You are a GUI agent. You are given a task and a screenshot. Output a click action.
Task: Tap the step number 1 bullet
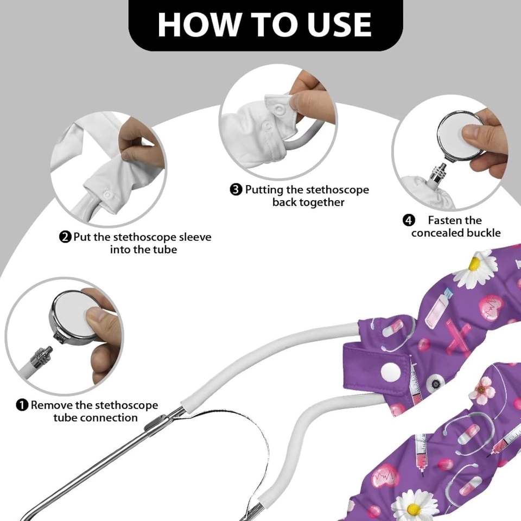22,405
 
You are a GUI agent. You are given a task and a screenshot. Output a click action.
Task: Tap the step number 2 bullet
65,237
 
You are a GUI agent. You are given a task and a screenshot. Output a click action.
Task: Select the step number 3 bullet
236,190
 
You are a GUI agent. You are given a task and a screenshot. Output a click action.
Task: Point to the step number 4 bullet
409,220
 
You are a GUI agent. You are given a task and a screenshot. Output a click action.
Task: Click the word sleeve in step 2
195,237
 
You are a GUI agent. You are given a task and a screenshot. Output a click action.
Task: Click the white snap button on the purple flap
390,371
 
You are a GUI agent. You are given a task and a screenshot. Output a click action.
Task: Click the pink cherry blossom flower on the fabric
482,390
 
